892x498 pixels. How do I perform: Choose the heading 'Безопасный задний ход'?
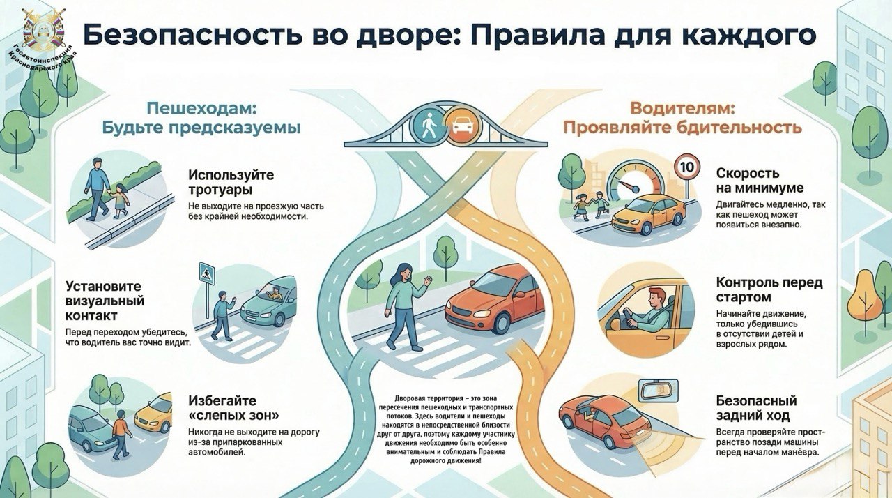(x=756, y=408)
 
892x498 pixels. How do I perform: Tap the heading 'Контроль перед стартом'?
(x=769, y=290)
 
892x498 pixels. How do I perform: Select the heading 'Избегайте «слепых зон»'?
(x=233, y=408)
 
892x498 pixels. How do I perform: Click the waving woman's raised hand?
(x=426, y=280)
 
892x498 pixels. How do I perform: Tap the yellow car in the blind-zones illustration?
(x=154, y=414)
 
